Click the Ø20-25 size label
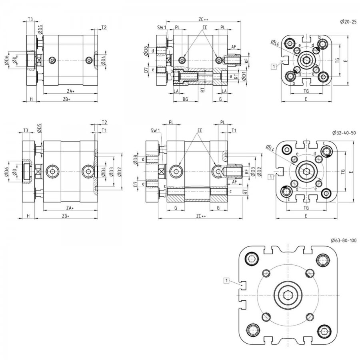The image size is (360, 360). pyautogui.click(x=348, y=22)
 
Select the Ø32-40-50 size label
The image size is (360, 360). pyautogui.click(x=344, y=132)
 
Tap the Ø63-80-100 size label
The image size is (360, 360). pyautogui.click(x=344, y=240)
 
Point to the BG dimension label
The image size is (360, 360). pyautogui.click(x=185, y=99)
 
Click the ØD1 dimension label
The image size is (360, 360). pyautogui.click(x=244, y=76)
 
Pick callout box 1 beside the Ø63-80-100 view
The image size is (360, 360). pyautogui.click(x=227, y=280)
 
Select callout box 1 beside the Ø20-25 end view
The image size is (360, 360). pyautogui.click(x=274, y=66)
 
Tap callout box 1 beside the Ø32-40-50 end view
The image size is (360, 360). pyautogui.click(x=271, y=177)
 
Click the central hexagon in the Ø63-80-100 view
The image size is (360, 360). pyautogui.click(x=288, y=295)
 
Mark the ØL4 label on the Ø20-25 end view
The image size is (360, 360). pyautogui.click(x=275, y=42)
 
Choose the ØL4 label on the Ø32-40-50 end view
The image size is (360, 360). pyautogui.click(x=270, y=148)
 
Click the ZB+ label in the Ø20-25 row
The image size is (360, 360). pyautogui.click(x=66, y=99)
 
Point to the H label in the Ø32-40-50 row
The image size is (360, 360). pyautogui.click(x=28, y=216)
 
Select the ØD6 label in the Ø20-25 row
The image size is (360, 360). pyautogui.click(x=6, y=60)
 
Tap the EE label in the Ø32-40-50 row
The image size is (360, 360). pyautogui.click(x=200, y=130)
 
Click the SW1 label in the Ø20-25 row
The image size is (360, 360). pyautogui.click(x=162, y=28)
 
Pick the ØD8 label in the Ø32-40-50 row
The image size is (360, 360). pyautogui.click(x=135, y=160)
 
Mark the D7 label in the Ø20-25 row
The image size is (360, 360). pyautogui.click(x=146, y=70)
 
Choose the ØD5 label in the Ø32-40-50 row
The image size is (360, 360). pyautogui.click(x=39, y=128)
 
